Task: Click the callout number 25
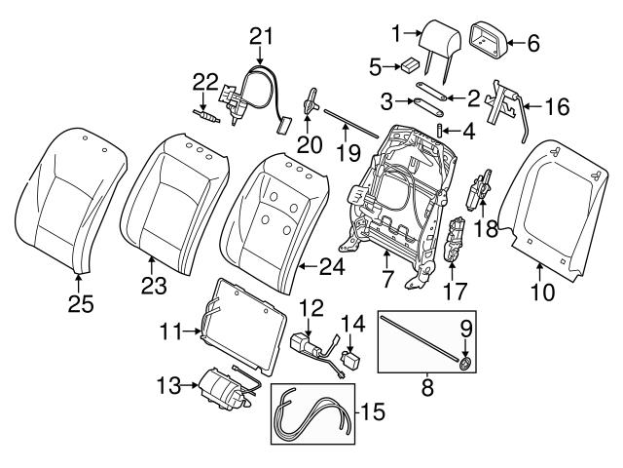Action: pyautogui.click(x=81, y=305)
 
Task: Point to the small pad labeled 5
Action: pyautogui.click(x=411, y=66)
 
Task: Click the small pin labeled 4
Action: pyautogui.click(x=440, y=129)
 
